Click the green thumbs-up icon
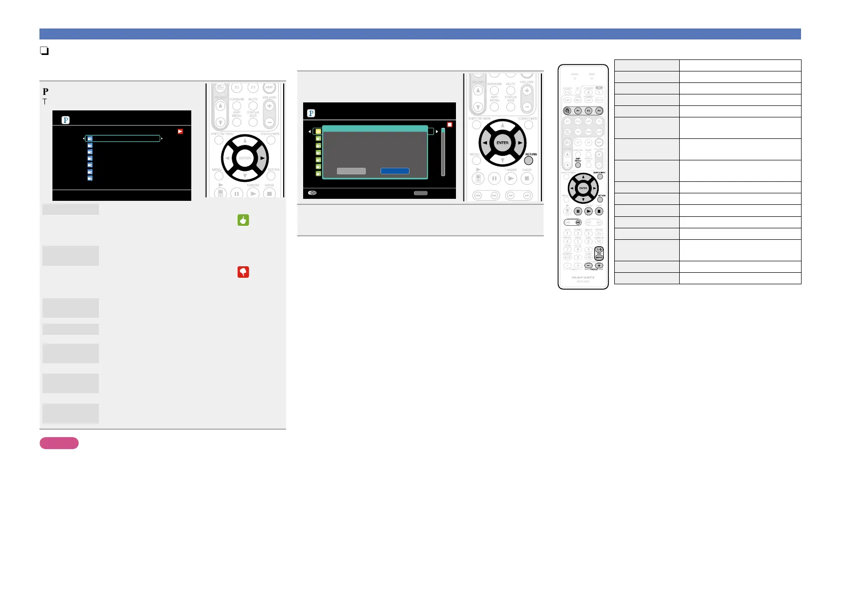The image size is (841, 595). tap(243, 220)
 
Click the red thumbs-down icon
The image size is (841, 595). tap(243, 272)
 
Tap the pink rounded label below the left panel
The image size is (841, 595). tap(59, 443)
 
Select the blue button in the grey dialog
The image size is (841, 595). tap(395, 171)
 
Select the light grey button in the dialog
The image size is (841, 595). tap(351, 171)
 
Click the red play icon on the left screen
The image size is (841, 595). tap(180, 131)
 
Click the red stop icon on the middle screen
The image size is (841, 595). tap(449, 124)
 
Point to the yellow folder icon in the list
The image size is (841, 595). tap(318, 131)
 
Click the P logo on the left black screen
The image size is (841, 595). tap(65, 120)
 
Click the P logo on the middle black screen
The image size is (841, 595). tap(311, 113)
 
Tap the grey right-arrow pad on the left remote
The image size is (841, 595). tap(262, 158)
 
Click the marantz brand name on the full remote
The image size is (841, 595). tap(583, 277)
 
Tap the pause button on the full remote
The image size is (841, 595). tap(578, 211)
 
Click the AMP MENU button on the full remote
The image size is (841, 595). tap(578, 165)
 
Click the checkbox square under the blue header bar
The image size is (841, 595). tap(44, 50)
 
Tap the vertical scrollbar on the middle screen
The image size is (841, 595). tap(443, 152)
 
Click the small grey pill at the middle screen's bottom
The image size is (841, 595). tap(420, 193)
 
